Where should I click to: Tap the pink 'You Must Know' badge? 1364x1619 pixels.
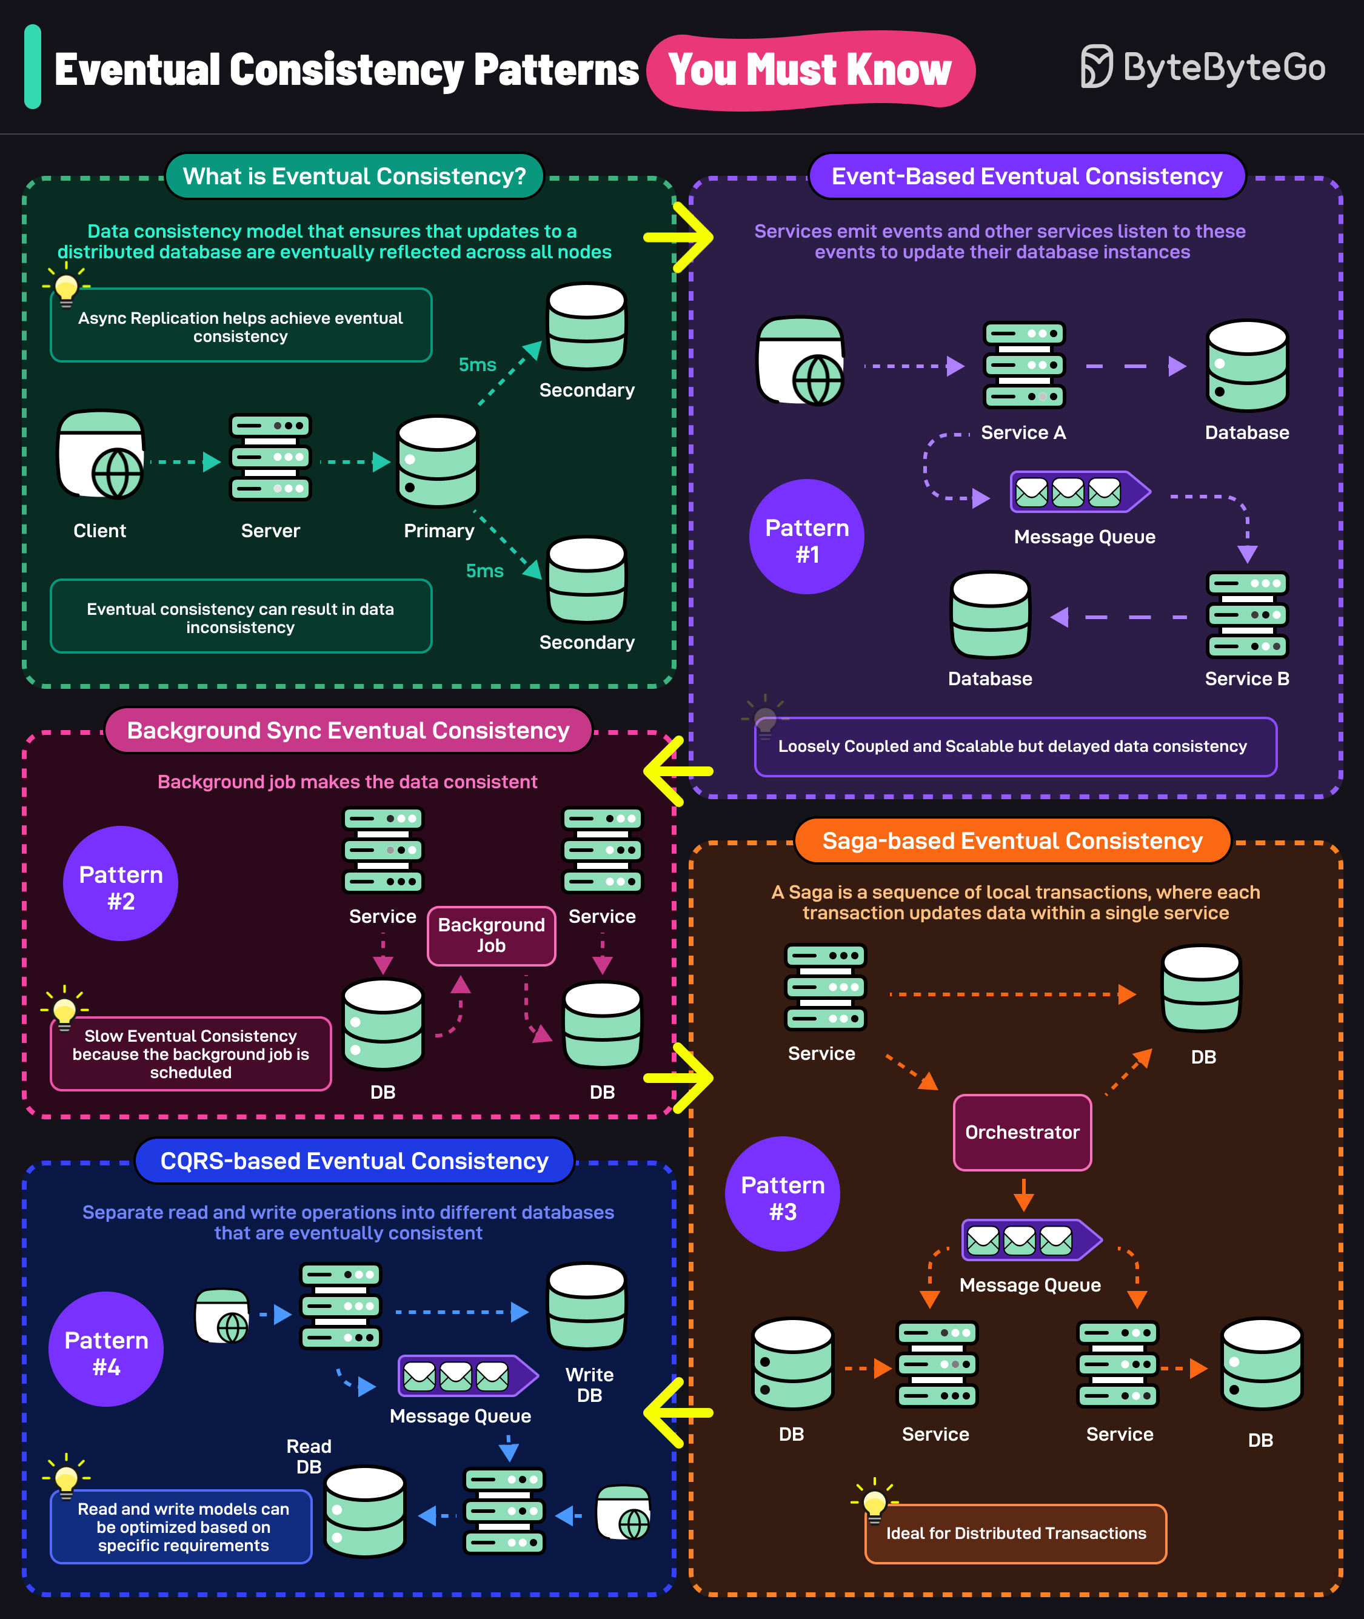811,70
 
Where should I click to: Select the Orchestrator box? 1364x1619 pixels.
1022,1133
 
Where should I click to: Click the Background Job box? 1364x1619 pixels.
491,936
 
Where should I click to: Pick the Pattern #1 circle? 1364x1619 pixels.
806,537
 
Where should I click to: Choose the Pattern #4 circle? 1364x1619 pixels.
106,1349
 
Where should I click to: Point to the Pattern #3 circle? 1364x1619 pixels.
783,1193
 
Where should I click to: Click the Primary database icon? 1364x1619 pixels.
438,462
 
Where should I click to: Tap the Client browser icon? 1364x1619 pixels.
101,455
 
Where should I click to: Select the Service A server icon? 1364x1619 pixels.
1025,365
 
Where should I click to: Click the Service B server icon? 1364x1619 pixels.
1247,615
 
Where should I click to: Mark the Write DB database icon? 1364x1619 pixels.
587,1307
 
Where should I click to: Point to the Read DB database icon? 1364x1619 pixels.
365,1512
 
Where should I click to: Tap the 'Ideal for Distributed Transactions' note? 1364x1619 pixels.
1015,1533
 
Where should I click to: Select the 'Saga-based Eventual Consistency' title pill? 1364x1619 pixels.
1012,841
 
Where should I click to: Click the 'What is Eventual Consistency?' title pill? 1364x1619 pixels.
354,176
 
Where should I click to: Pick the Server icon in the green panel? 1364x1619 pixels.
270,457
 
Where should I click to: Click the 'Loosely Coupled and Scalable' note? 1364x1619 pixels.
1015,746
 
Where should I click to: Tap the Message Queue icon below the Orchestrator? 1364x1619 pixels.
1032,1240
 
